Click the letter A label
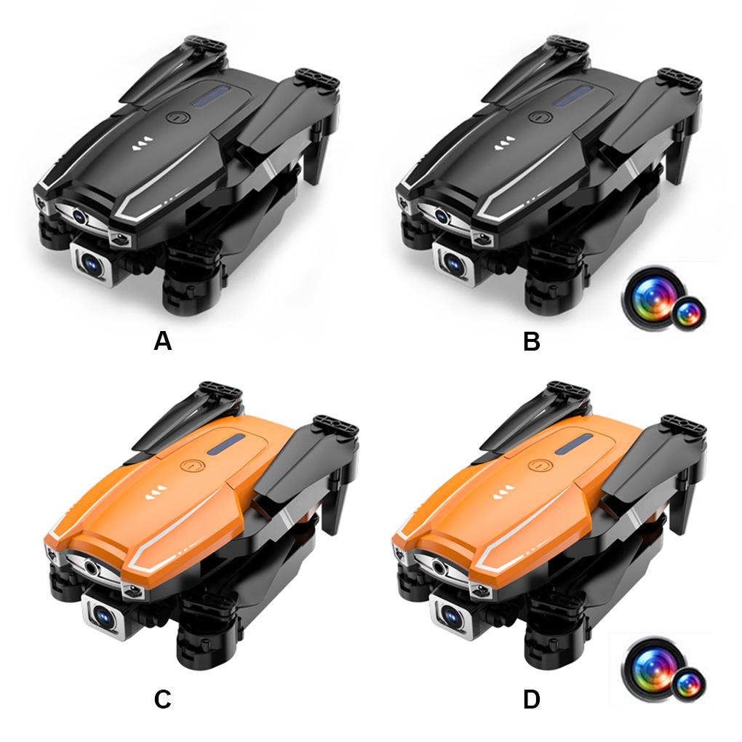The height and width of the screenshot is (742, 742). [x=162, y=341]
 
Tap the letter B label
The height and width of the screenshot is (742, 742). [x=532, y=341]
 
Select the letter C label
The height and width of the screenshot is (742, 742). [x=162, y=700]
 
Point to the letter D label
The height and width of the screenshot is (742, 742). [x=532, y=700]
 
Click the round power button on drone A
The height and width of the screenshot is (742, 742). [x=177, y=117]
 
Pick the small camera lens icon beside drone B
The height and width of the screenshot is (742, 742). [x=687, y=313]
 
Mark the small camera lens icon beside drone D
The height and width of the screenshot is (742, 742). [x=687, y=684]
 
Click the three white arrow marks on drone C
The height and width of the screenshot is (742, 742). [x=154, y=495]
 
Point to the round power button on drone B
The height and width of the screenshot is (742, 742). [x=540, y=117]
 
